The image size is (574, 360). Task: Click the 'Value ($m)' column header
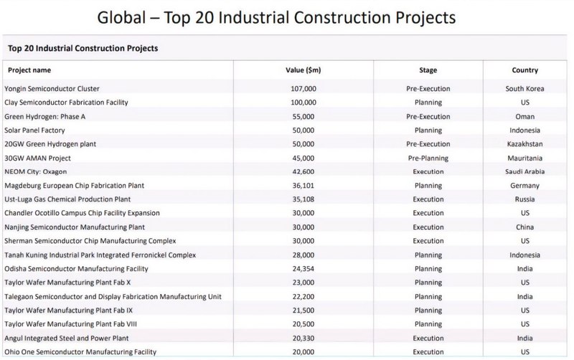point(303,70)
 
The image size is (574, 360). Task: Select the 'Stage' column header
point(428,70)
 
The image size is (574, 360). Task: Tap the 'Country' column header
point(525,70)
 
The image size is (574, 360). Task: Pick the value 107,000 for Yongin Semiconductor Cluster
point(303,89)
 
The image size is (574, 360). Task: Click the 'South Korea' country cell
point(525,89)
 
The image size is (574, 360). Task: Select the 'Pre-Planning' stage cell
point(428,158)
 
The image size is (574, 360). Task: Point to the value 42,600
point(303,171)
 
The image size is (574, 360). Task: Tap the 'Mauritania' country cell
point(525,158)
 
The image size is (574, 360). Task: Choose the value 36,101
point(303,185)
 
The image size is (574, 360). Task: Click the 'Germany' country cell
point(525,185)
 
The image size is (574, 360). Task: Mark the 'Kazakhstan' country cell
point(525,144)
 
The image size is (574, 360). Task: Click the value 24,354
point(303,268)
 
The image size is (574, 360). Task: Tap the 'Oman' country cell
point(525,116)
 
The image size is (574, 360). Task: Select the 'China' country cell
point(525,227)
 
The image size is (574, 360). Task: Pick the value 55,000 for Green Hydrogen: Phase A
point(303,116)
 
